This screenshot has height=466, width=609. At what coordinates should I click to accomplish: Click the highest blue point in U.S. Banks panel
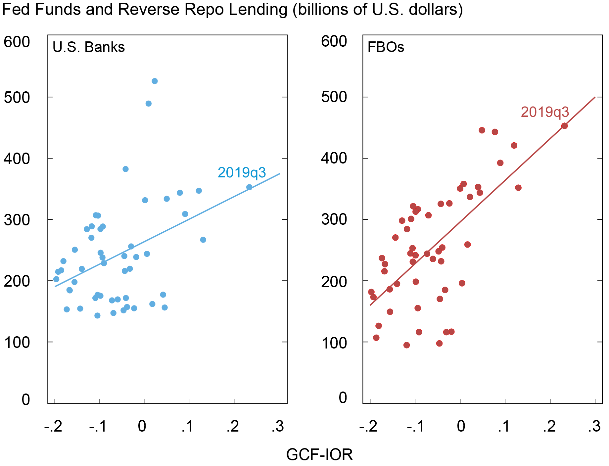tap(155, 81)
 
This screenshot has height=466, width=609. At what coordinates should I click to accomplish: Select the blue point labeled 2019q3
tap(249, 187)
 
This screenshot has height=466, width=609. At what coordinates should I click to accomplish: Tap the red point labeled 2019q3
tap(565, 126)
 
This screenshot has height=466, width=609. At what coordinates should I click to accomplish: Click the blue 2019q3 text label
tap(242, 173)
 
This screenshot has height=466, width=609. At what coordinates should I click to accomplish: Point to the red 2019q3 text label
tap(545, 112)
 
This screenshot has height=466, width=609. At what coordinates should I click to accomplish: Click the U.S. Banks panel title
tap(89, 47)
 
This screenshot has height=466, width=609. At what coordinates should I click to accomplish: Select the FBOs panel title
tap(386, 47)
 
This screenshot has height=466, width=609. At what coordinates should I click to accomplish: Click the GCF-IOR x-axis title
tap(319, 455)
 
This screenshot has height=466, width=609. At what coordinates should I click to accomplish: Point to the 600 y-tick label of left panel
tap(17, 42)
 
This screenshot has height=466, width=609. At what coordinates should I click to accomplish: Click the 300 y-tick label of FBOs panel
tap(334, 220)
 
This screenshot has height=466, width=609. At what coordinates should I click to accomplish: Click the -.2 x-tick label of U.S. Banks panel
tap(53, 427)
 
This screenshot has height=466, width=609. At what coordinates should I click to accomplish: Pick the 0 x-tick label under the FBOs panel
tap(460, 427)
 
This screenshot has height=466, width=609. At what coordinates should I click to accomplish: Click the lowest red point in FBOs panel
tap(406, 345)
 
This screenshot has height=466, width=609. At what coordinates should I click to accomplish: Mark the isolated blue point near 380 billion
tap(125, 169)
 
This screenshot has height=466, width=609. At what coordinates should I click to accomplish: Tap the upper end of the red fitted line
tap(595, 97)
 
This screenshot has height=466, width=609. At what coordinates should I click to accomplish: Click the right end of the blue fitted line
tap(280, 174)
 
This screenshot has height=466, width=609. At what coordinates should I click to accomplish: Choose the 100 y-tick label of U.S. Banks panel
tap(17, 342)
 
